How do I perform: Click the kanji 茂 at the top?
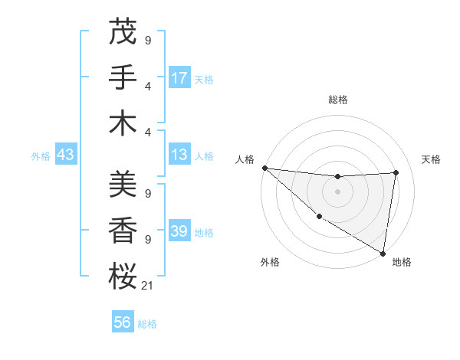(x=123, y=31)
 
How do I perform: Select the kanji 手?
(x=123, y=78)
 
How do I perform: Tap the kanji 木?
(x=123, y=123)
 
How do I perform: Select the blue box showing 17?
(x=179, y=78)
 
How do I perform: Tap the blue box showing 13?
(x=179, y=155)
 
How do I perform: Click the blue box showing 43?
(x=65, y=155)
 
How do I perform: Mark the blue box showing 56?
(x=123, y=323)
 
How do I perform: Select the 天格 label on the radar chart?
(x=431, y=159)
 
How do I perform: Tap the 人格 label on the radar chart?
(x=245, y=159)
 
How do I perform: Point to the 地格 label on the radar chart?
(x=402, y=262)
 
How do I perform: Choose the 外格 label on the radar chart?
(x=270, y=262)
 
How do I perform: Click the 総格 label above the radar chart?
(x=337, y=100)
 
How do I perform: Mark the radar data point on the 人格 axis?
(x=264, y=168)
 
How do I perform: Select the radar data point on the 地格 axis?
(x=383, y=253)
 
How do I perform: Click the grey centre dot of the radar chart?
(x=337, y=191)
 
